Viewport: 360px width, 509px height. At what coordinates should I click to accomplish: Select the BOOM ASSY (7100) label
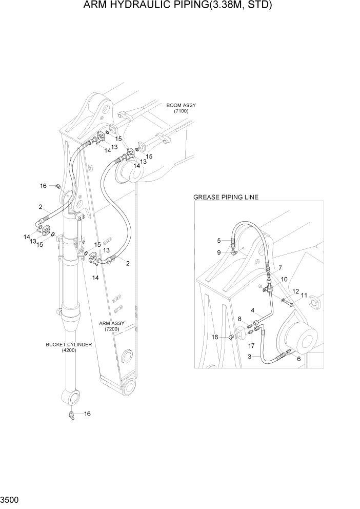pyautogui.click(x=181, y=108)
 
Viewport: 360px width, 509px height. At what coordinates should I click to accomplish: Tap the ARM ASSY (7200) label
pyautogui.click(x=112, y=326)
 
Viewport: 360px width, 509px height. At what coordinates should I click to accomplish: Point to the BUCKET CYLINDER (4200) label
pyautogui.click(x=69, y=347)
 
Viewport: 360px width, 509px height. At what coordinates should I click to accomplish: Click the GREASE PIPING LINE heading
pyautogui.click(x=226, y=197)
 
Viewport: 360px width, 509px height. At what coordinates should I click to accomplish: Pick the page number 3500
pyautogui.click(x=10, y=498)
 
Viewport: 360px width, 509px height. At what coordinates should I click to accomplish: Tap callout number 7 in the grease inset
pyautogui.click(x=279, y=268)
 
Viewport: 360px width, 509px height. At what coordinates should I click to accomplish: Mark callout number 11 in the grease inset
pyautogui.click(x=304, y=295)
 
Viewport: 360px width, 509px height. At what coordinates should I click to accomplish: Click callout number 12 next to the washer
pyautogui.click(x=295, y=291)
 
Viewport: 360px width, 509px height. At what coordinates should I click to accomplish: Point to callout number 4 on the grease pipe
pyautogui.click(x=252, y=310)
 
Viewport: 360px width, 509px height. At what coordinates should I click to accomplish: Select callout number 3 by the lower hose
pyautogui.click(x=249, y=356)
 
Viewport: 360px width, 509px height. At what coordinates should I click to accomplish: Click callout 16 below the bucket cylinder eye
pyautogui.click(x=87, y=414)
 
